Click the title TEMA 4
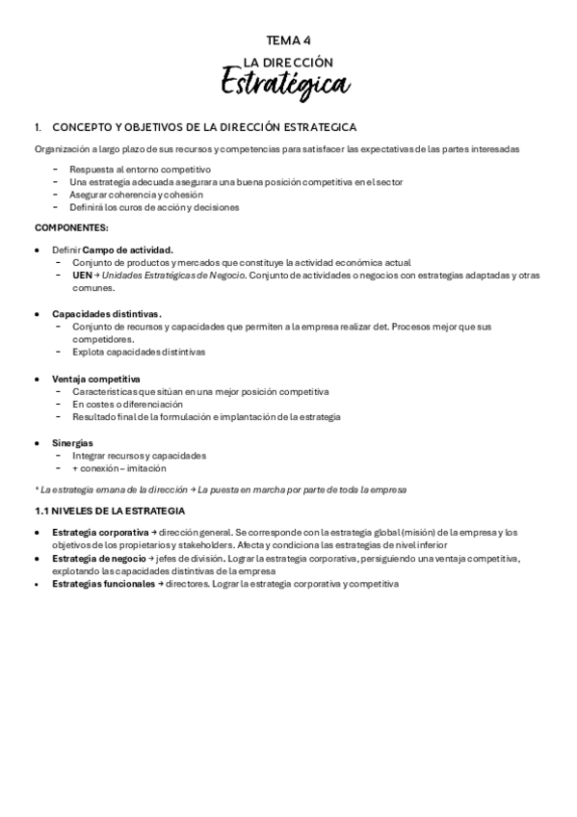(x=288, y=40)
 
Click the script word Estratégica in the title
(x=285, y=82)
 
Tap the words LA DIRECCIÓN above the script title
(x=288, y=62)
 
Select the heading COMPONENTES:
(x=71, y=227)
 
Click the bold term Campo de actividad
(x=128, y=250)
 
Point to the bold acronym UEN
(x=82, y=275)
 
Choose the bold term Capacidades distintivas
(x=107, y=314)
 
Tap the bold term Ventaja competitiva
(x=96, y=379)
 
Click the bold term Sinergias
(x=72, y=443)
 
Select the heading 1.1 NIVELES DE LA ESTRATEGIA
(x=109, y=510)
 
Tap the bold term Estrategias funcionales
(x=103, y=585)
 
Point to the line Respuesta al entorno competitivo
(x=140, y=169)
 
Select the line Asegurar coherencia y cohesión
(x=137, y=194)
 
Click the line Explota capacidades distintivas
(x=139, y=352)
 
